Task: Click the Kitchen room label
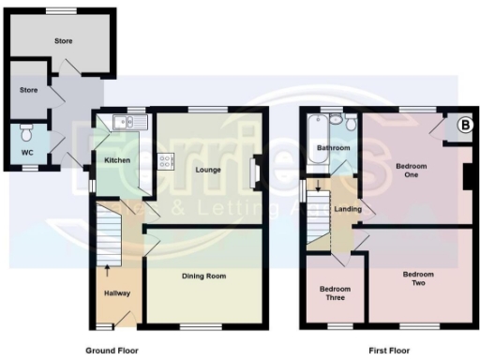117,160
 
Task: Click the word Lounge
207,170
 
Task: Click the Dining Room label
203,276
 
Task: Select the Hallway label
117,293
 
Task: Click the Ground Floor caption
112,350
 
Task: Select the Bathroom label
333,148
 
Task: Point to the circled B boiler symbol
462,123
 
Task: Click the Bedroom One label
411,171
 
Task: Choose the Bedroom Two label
418,278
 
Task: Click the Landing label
347,208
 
